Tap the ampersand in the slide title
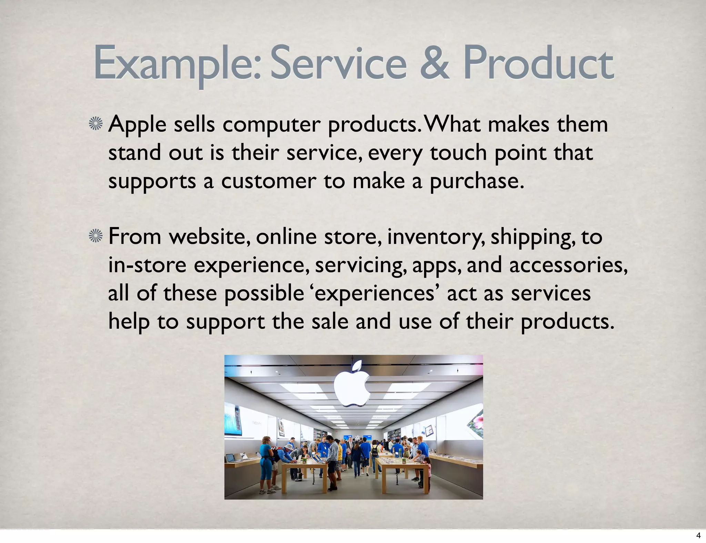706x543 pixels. tap(435, 64)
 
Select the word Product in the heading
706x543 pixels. tap(538, 64)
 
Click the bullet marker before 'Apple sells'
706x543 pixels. tap(96, 124)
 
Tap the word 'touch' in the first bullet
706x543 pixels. tap(458, 153)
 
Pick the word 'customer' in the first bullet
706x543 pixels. tap(269, 181)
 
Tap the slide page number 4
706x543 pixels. tap(698, 535)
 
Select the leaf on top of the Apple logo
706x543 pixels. tap(357, 366)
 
